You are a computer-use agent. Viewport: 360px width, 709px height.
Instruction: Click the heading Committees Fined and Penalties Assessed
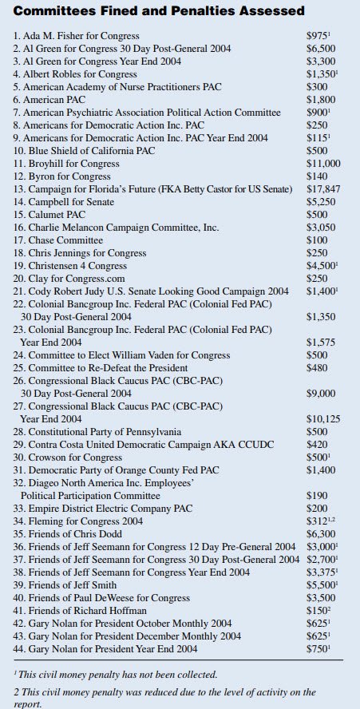click(x=160, y=11)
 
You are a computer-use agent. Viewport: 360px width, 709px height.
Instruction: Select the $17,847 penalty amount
click(x=324, y=190)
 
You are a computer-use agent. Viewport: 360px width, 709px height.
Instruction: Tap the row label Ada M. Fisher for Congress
click(x=77, y=36)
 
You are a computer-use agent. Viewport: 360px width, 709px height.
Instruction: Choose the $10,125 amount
click(x=324, y=418)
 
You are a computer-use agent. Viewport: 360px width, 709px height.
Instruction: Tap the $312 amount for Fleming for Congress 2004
click(x=322, y=521)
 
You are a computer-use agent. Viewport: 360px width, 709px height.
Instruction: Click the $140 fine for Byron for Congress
click(x=318, y=176)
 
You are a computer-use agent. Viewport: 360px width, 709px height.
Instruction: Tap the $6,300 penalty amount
click(x=322, y=534)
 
